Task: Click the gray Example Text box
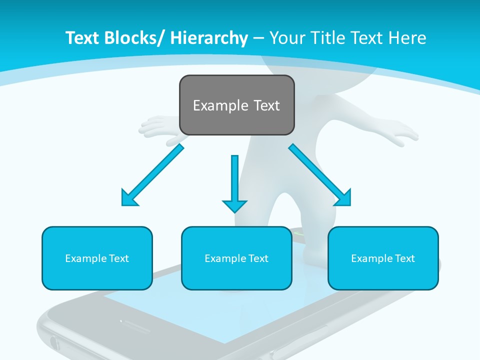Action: click(236, 105)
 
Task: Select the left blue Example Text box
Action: click(97, 258)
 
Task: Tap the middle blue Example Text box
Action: click(236, 258)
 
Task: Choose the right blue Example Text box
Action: click(383, 258)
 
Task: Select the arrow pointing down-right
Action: click(320, 175)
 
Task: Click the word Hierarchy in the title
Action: click(209, 38)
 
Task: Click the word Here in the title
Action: click(407, 38)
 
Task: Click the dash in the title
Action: click(258, 38)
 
